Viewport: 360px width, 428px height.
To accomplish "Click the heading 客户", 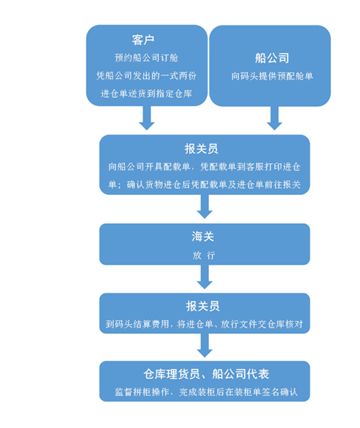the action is [x=143, y=40].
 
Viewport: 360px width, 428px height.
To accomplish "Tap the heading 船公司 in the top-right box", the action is [x=272, y=58].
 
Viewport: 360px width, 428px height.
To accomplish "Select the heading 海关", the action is [x=203, y=237].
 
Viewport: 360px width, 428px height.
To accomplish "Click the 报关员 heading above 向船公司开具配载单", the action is [x=201, y=149].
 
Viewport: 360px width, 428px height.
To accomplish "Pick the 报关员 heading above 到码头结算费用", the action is [x=203, y=306].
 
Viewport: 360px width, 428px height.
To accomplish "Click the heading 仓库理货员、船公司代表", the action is [x=206, y=374].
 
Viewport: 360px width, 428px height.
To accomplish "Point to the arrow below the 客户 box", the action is [x=147, y=118].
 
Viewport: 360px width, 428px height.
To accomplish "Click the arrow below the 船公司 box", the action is [x=274, y=118].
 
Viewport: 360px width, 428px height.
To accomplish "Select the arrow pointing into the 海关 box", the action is [x=204, y=207].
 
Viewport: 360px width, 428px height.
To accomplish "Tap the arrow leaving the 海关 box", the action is [x=204, y=277].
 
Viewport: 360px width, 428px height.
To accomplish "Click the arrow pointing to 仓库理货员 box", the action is [x=204, y=346].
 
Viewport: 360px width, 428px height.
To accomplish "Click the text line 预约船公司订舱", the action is [x=146, y=58].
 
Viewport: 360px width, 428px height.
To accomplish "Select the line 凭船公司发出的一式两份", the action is [x=146, y=76].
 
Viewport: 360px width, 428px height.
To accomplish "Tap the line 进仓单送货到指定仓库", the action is [x=146, y=94].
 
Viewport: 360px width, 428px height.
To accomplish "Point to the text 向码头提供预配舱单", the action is [x=272, y=76].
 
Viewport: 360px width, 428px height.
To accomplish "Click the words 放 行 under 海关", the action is [x=204, y=256].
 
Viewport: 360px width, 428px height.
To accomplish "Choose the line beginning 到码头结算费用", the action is [x=204, y=324].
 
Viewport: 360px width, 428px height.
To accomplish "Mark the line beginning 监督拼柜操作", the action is [x=206, y=392].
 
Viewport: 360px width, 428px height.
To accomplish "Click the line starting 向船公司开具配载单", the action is [x=204, y=167].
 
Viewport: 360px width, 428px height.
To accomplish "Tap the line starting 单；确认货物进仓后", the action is [x=204, y=185].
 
